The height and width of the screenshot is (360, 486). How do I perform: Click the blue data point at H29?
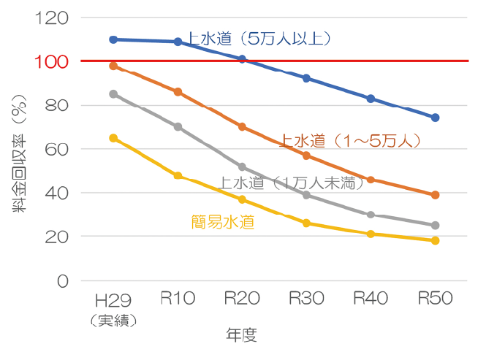coord(113,39)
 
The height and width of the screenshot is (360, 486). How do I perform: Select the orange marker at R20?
coord(242,126)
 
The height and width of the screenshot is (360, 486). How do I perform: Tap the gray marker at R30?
coord(306,195)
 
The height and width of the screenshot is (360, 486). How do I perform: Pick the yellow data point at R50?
coord(435,240)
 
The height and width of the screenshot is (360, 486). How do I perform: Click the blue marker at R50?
coord(435,118)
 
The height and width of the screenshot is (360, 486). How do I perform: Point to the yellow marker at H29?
coord(113,138)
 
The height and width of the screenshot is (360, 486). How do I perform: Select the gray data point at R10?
coord(178,127)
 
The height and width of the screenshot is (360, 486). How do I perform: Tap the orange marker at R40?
coord(371,180)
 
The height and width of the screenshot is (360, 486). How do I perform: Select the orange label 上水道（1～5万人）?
coord(351,140)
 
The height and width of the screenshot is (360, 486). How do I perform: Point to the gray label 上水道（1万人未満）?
coord(292,183)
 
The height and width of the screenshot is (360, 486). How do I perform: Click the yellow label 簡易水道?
coord(223,222)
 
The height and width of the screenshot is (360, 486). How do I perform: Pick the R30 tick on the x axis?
coord(306,299)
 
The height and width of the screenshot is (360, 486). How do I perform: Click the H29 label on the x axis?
coord(113,299)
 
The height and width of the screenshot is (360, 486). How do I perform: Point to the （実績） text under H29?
coord(113,319)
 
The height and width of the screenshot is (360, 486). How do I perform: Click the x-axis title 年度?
coord(242,335)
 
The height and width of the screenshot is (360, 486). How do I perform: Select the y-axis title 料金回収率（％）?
coord(18,157)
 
